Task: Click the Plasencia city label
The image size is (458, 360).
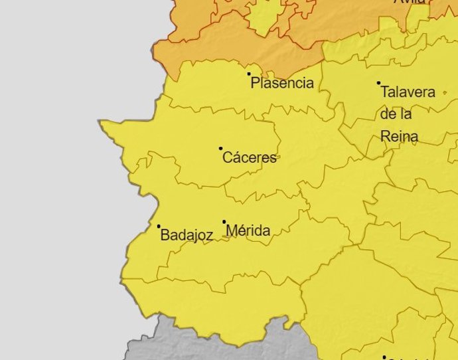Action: click(282, 84)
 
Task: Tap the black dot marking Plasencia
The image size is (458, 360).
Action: click(250, 74)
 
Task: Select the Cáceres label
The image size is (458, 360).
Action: click(250, 158)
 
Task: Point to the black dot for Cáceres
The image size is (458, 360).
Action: click(221, 149)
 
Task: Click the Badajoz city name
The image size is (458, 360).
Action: click(187, 235)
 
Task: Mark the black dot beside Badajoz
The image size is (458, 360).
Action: click(159, 226)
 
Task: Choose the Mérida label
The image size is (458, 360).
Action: click(248, 231)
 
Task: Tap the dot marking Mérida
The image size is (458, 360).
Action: click(224, 222)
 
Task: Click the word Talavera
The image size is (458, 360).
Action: click(408, 92)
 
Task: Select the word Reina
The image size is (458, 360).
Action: click(399, 137)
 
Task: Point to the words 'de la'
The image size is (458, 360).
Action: click(396, 114)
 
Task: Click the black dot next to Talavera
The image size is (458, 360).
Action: click(379, 83)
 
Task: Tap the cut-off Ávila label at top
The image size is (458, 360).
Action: click(410, 2)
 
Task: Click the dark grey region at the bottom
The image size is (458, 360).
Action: click(199, 342)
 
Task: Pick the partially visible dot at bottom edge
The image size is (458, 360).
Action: click(384, 358)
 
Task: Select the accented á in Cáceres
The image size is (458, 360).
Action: click(236, 158)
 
